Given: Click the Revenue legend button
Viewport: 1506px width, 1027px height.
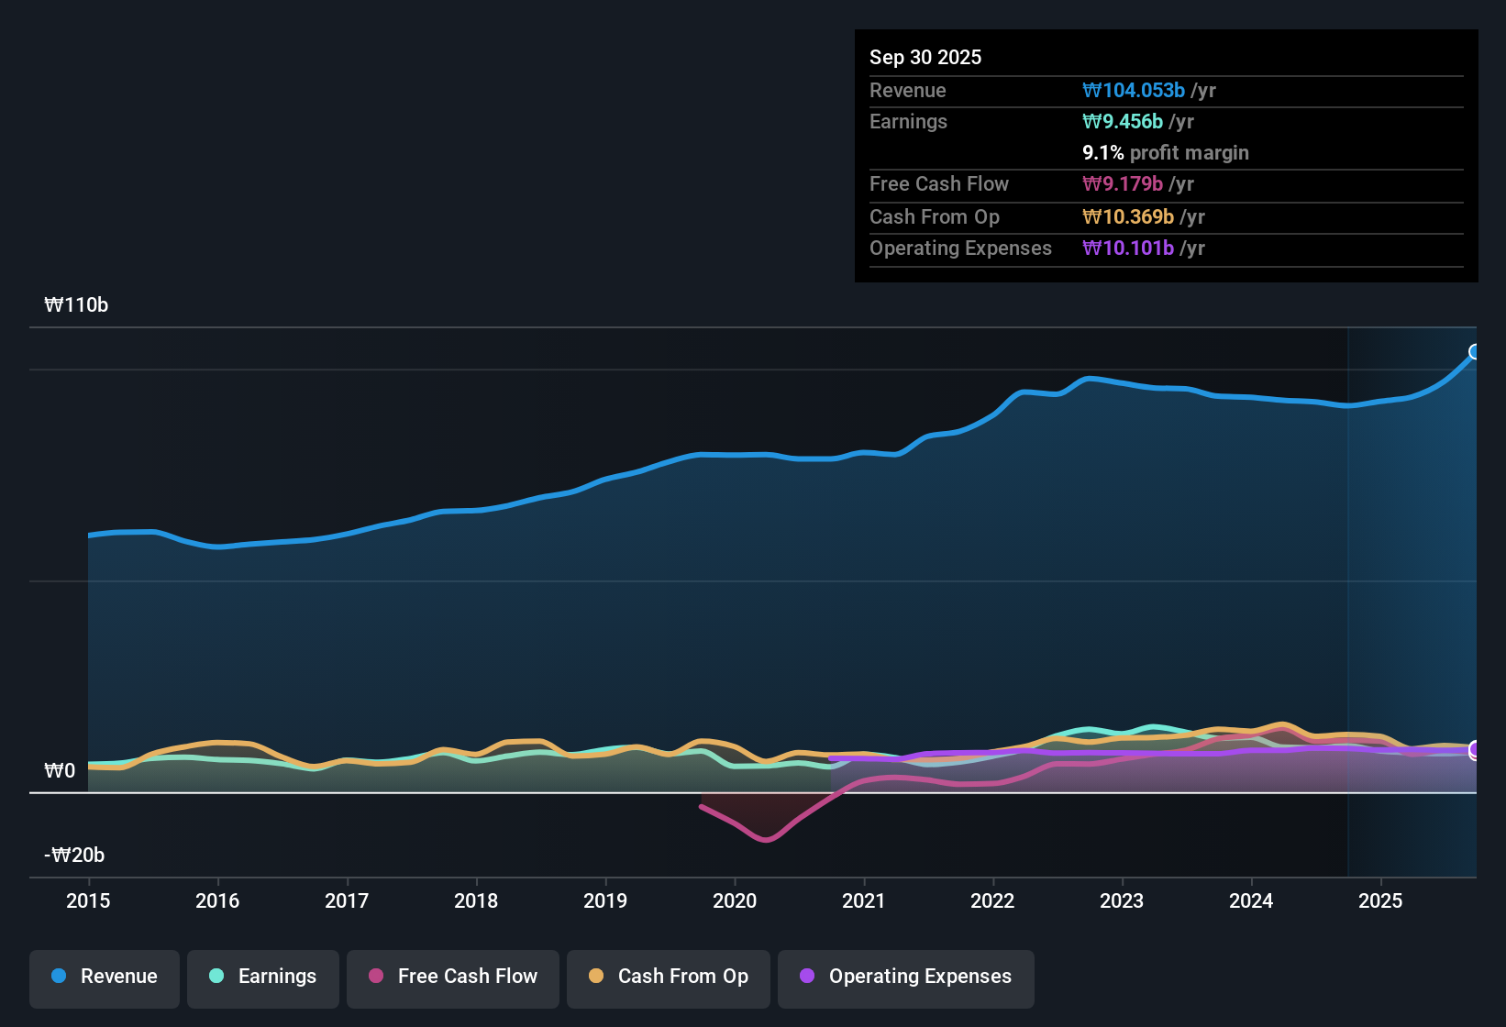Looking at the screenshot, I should [x=105, y=977].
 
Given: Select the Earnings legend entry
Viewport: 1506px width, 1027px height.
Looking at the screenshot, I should [x=263, y=977].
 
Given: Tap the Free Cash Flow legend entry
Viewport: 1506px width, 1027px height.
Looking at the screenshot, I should [x=453, y=977].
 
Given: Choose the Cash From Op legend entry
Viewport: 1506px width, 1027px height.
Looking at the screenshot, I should [x=669, y=977].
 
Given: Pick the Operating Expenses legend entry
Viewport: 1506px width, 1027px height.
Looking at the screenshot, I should [x=906, y=977].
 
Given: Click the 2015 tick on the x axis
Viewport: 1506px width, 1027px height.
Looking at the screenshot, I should [x=88, y=900].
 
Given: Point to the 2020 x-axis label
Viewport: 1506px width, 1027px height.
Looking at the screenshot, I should [x=735, y=900].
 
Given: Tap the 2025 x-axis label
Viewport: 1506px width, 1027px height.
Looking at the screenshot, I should [x=1379, y=900].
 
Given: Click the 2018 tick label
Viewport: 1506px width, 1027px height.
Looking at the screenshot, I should [x=476, y=900].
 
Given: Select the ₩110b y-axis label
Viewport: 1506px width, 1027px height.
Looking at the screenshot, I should [x=76, y=305].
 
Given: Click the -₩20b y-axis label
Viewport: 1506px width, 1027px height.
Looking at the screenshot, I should [x=74, y=856].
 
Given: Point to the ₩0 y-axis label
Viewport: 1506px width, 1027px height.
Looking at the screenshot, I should [x=60, y=771].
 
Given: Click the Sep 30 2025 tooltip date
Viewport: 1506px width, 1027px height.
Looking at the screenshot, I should [x=925, y=58].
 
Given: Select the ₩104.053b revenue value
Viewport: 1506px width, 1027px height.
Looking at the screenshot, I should [x=1134, y=91].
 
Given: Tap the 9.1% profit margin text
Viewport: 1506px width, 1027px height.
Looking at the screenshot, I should [x=1165, y=153].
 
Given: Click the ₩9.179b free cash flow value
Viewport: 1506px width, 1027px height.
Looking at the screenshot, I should [x=1123, y=184].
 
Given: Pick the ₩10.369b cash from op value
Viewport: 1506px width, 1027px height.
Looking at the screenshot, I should [x=1128, y=217].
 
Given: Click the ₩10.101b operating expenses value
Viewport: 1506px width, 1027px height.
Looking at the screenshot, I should [x=1128, y=248].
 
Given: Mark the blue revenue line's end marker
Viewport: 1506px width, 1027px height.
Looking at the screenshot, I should [x=1475, y=352].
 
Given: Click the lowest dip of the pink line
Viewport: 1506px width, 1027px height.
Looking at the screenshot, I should [x=766, y=839].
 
